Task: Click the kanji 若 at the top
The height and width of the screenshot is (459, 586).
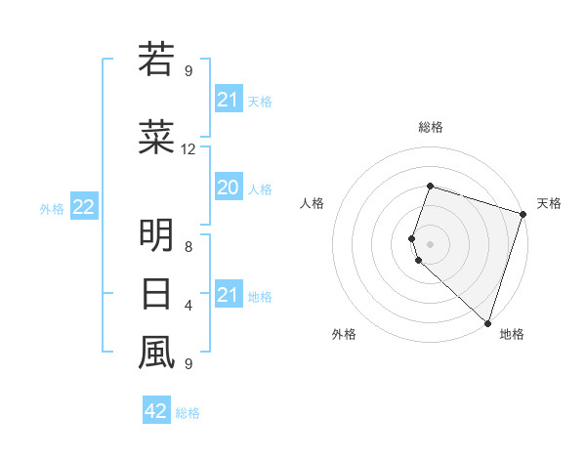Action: coord(156,60)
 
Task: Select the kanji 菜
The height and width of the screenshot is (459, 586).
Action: coord(156,140)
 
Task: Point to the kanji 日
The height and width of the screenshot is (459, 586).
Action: coord(156,294)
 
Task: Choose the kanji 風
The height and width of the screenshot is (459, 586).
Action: coord(156,353)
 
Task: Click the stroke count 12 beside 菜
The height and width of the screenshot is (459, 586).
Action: coord(188,149)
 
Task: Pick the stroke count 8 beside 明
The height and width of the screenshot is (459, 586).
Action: coord(188,247)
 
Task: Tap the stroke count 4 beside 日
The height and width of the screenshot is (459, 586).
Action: coord(188,306)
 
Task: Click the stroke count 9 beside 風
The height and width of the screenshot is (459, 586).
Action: coord(188,364)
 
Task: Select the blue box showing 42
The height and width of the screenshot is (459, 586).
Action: coord(156,411)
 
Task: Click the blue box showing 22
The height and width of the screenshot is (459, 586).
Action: coord(84,207)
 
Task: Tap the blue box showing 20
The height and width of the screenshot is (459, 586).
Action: coord(228,188)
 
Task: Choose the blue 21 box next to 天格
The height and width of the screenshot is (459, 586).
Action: coord(228,100)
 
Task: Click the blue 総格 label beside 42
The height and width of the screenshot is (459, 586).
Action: coord(188,413)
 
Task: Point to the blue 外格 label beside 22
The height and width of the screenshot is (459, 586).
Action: coord(52,208)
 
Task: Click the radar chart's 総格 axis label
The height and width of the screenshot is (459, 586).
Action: coord(431,127)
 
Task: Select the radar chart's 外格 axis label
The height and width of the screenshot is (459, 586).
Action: coord(344,334)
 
